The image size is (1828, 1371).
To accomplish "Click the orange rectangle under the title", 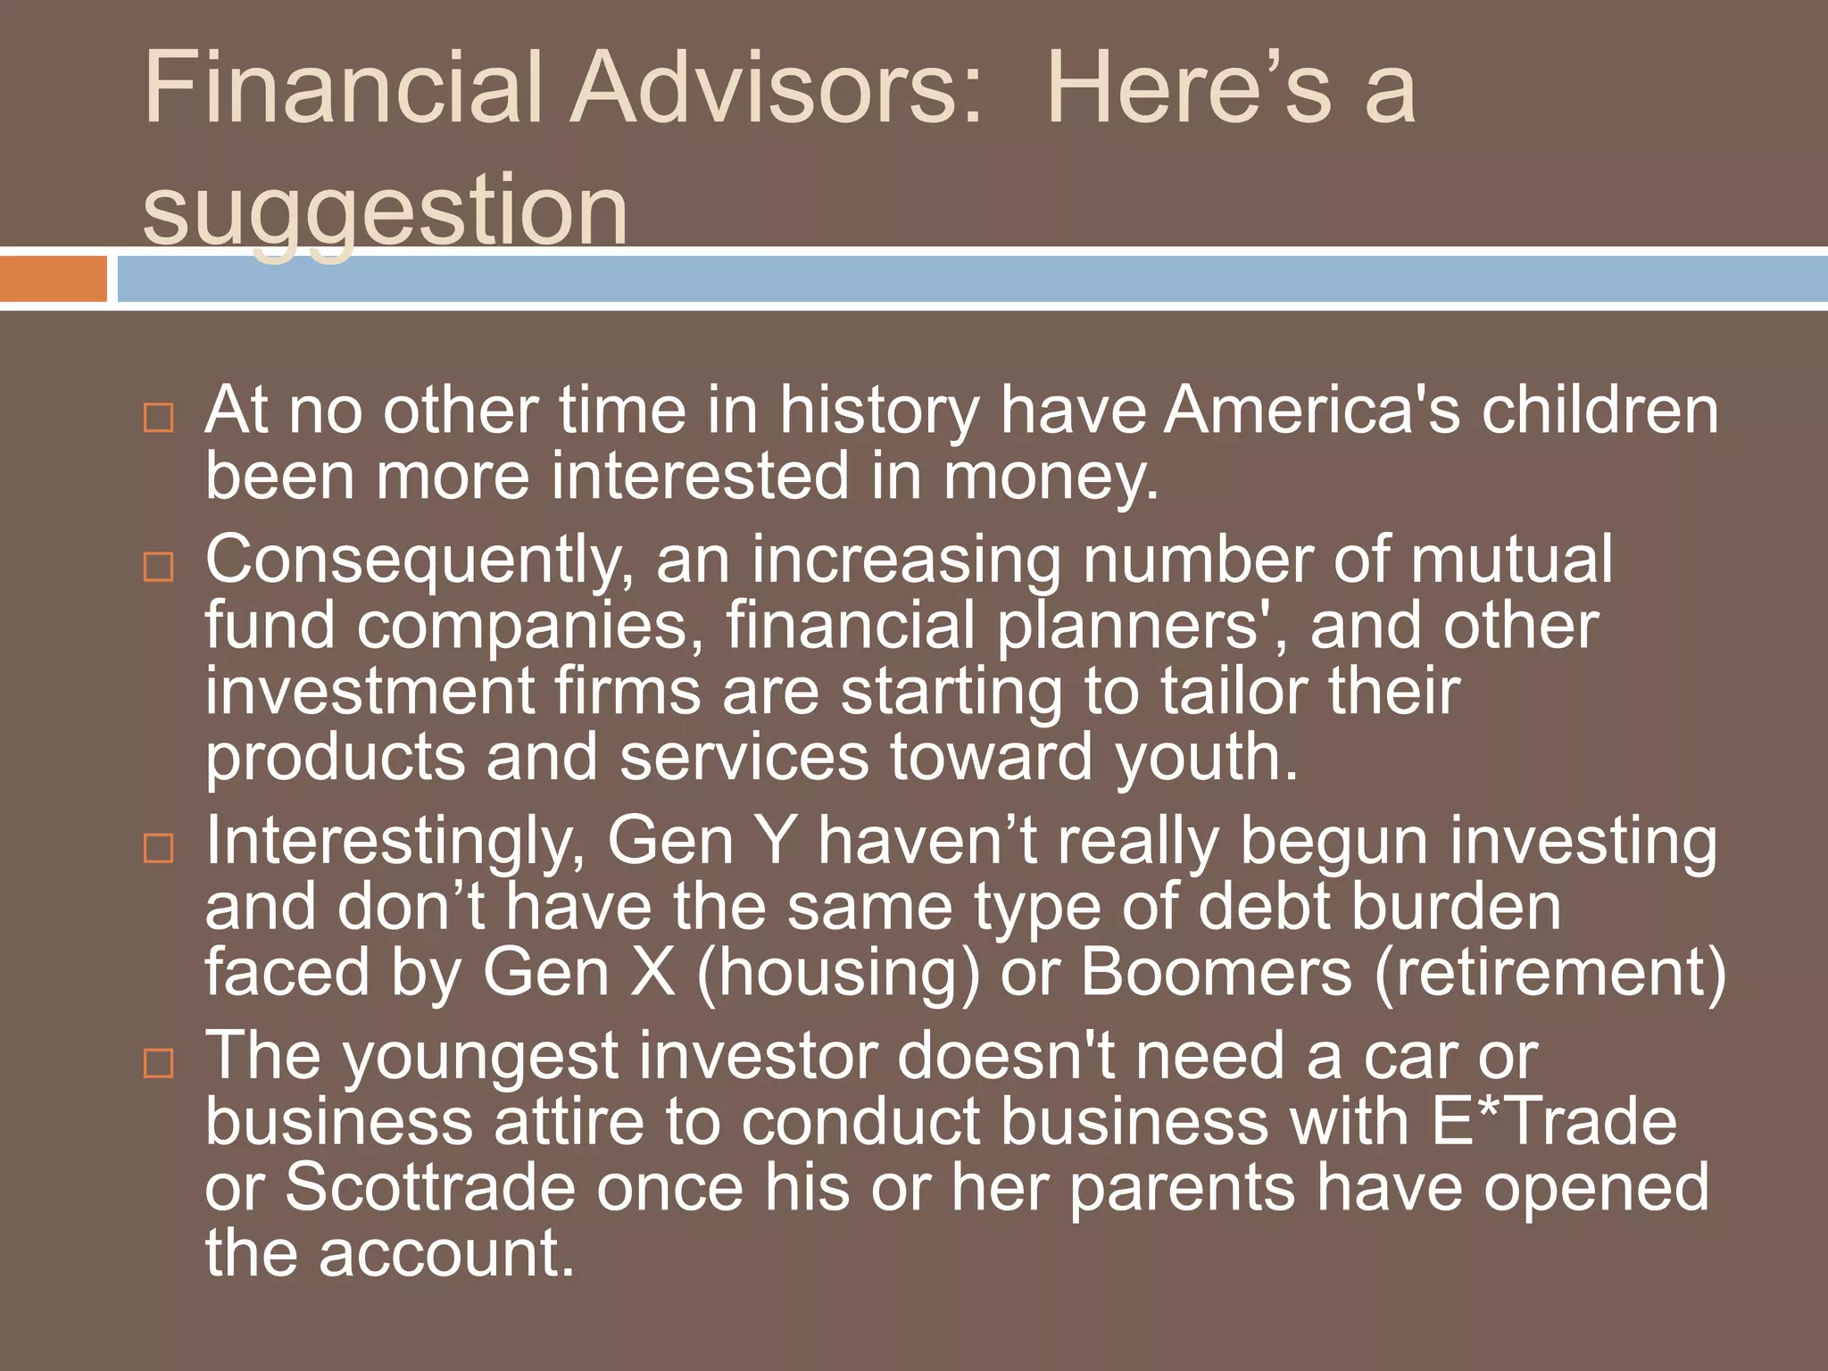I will [x=53, y=278].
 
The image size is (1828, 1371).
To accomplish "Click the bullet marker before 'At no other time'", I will [x=159, y=418].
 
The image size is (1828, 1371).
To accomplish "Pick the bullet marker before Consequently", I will [x=159, y=566].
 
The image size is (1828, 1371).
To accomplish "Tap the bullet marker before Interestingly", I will [x=159, y=847].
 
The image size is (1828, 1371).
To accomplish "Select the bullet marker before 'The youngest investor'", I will [x=159, y=1062].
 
